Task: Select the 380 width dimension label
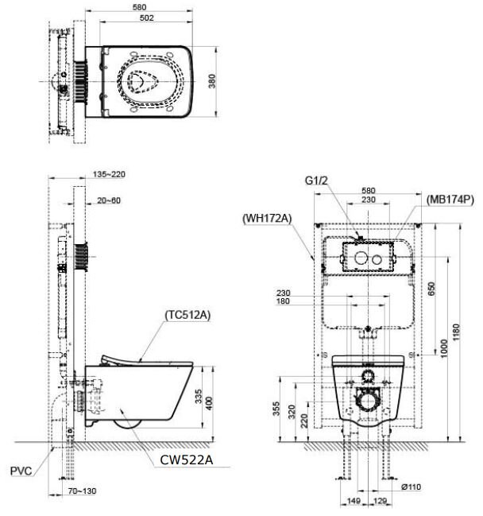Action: pyautogui.click(x=211, y=83)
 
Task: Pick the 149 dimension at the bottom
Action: pyautogui.click(x=353, y=501)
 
